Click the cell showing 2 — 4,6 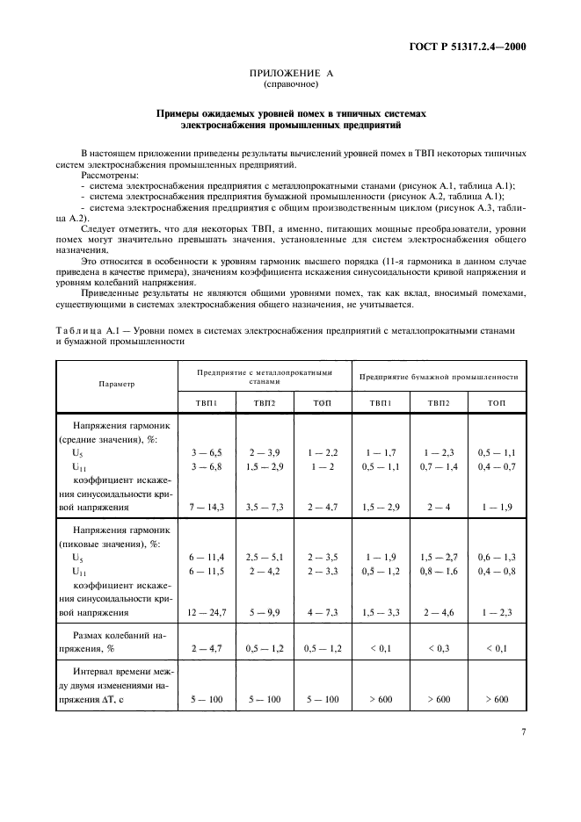pyautogui.click(x=439, y=612)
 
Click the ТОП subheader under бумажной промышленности pyautogui.click(x=497, y=402)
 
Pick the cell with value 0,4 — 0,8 pyautogui.click(x=497, y=571)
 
